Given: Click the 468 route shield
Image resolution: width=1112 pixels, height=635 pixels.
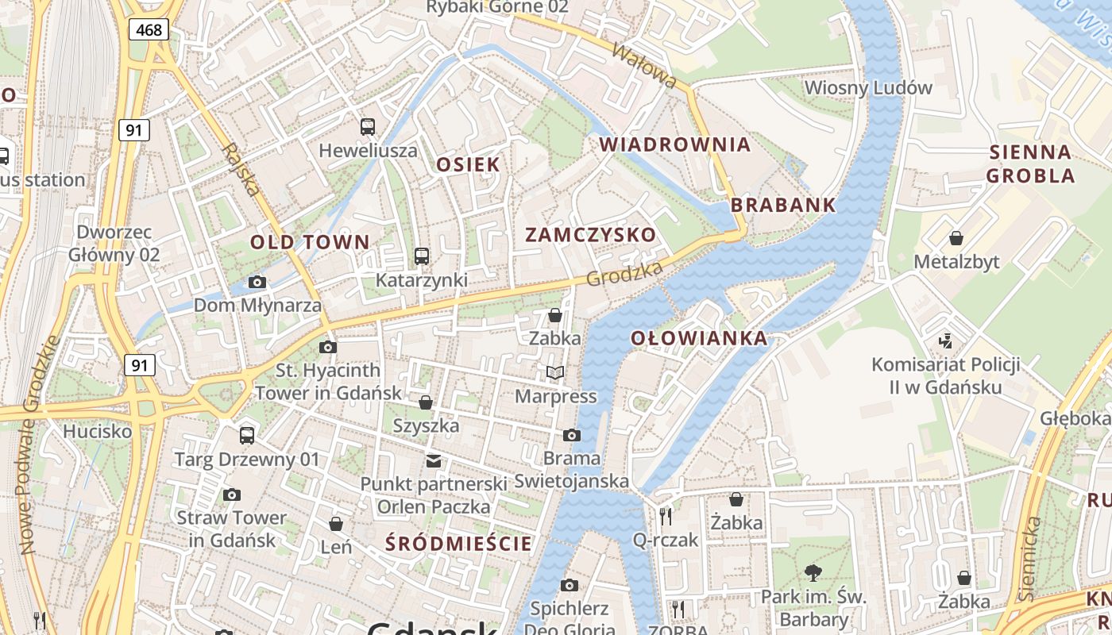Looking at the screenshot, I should coord(149,30).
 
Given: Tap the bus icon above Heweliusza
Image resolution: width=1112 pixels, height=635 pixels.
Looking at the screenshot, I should coord(368,126).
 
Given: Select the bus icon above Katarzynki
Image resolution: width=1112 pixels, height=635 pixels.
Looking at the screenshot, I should coord(421,256).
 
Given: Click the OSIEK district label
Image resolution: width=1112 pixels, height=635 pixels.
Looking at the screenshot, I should coord(469,164).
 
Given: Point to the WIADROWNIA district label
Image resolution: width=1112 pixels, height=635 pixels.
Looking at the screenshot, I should coord(674,144).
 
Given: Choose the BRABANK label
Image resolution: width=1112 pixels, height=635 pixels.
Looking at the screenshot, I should coord(783,205).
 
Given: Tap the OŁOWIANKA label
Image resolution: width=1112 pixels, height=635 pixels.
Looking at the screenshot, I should coord(699,338).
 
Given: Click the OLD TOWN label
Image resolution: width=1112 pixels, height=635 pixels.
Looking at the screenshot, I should coord(310,242).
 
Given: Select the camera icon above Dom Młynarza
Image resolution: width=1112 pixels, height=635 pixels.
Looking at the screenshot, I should coord(257,282).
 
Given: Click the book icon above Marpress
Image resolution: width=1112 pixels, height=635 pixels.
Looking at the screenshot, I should coord(555,372).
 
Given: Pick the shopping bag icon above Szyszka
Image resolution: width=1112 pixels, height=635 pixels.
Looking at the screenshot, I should coord(426,402).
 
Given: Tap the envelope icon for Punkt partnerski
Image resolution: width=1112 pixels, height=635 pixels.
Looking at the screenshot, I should coord(433,460).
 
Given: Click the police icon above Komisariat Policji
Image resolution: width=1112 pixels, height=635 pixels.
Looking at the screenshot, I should coord(945,341).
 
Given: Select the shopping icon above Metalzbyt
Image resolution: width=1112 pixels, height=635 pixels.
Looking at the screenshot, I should coord(956,238).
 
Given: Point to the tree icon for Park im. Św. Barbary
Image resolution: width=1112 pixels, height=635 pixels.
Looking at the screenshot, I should coord(813,572).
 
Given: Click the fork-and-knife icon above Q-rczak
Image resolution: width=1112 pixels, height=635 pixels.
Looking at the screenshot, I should coord(666,516).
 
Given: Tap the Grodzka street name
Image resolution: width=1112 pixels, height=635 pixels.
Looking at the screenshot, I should coord(624,275).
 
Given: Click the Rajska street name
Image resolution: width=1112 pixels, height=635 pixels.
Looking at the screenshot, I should coord(241,169).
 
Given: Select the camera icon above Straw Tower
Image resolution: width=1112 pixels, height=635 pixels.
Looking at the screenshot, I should coord(231,495).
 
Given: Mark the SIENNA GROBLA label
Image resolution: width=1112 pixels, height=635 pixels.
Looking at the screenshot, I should coord(1030,164).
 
